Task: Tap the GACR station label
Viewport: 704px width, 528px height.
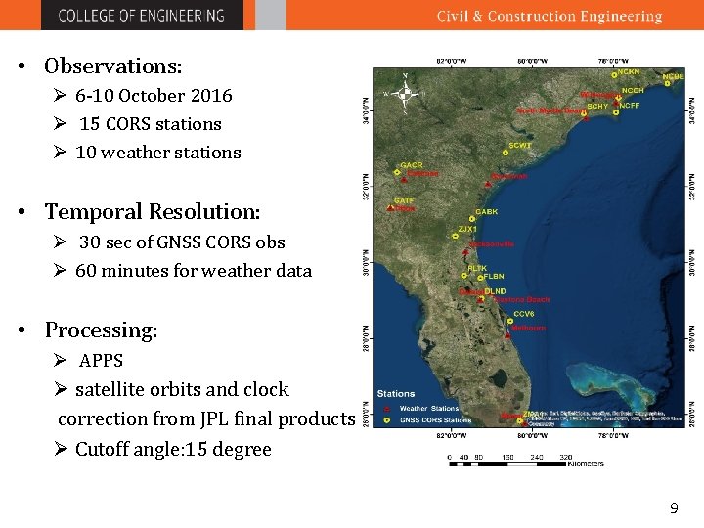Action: (x=411, y=165)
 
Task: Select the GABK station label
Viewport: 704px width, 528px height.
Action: (x=486, y=212)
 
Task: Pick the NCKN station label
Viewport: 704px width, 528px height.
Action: (x=628, y=72)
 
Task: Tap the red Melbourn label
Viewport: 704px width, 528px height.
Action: (x=528, y=329)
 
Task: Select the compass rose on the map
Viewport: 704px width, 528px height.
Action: (x=409, y=95)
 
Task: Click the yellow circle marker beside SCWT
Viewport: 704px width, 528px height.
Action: (x=506, y=153)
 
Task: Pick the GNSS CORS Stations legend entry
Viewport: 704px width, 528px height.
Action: (x=433, y=419)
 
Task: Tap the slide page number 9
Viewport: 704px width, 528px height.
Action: (x=673, y=508)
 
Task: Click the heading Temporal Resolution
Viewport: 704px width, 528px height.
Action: (x=152, y=212)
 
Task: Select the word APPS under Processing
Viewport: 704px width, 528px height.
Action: (x=101, y=360)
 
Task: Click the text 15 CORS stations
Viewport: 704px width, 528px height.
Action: (x=150, y=124)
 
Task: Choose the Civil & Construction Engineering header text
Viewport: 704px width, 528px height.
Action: (x=549, y=16)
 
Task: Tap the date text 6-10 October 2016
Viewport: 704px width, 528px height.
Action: (x=154, y=95)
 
